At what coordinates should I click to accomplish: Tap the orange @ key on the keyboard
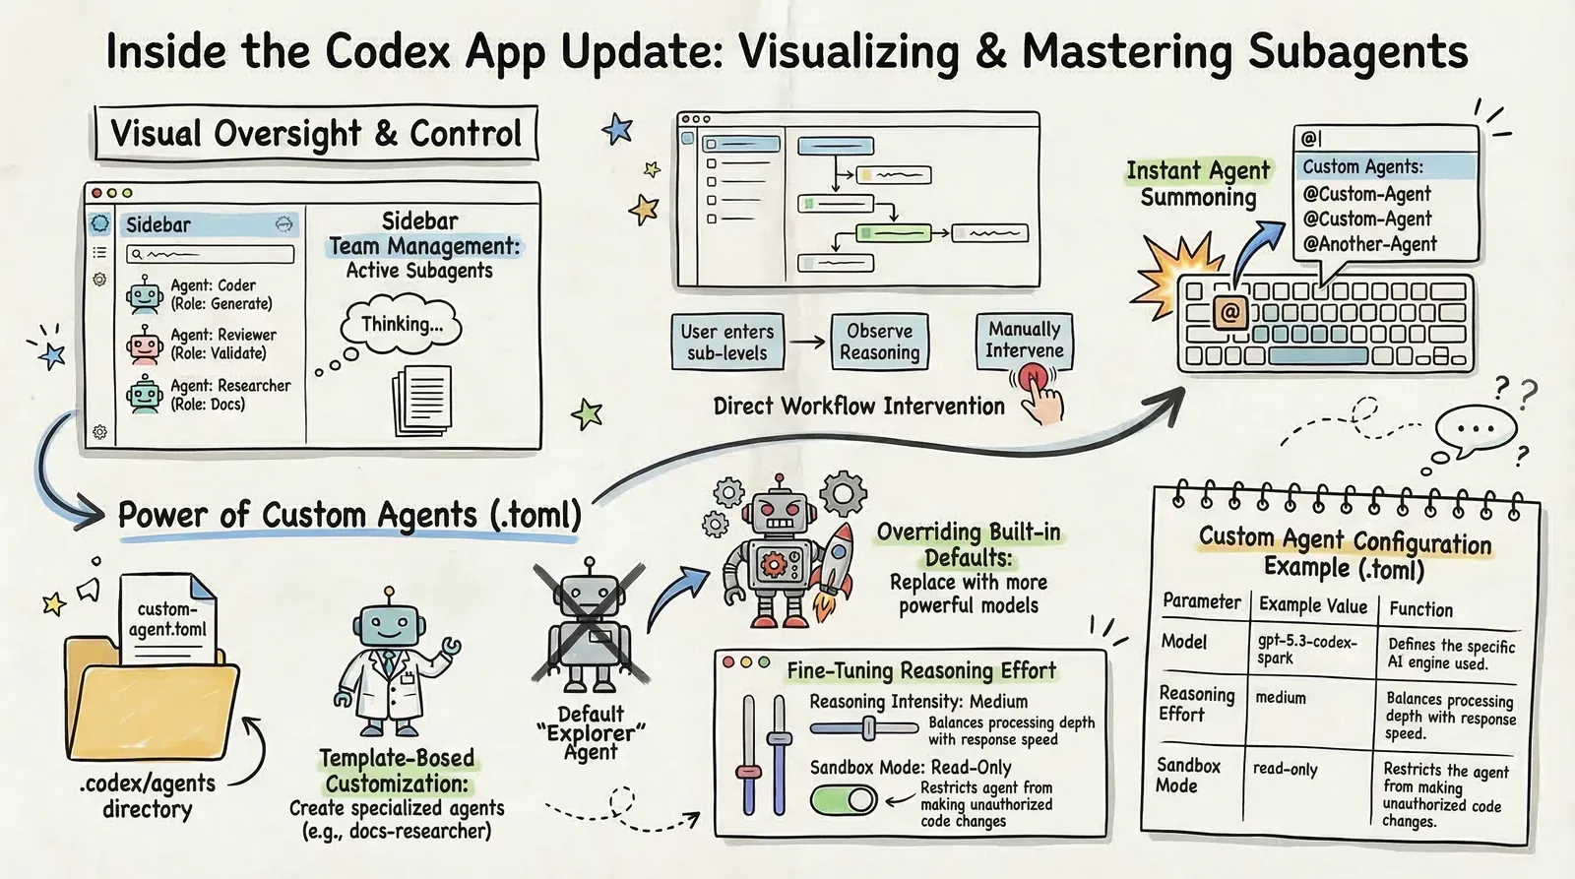pyautogui.click(x=1229, y=313)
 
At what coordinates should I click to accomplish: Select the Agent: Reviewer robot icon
pyautogui.click(x=144, y=345)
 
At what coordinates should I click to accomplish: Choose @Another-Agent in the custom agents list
pyautogui.click(x=1369, y=244)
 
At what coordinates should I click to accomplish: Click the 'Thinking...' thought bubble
pyautogui.click(x=402, y=325)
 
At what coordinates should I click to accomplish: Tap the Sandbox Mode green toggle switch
pyautogui.click(x=844, y=799)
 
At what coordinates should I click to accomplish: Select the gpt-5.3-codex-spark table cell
pyautogui.click(x=1307, y=650)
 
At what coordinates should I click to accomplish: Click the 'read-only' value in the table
pyautogui.click(x=1285, y=769)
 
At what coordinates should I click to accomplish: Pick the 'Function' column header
pyautogui.click(x=1420, y=609)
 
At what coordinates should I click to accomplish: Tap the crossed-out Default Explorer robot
pyautogui.click(x=589, y=625)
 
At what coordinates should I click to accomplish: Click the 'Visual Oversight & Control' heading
pyautogui.click(x=316, y=134)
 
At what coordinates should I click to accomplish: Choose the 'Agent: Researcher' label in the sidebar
pyautogui.click(x=230, y=386)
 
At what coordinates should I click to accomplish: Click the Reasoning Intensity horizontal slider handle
pyautogui.click(x=868, y=728)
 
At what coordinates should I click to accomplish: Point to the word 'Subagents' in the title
pyautogui.click(x=1357, y=52)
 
